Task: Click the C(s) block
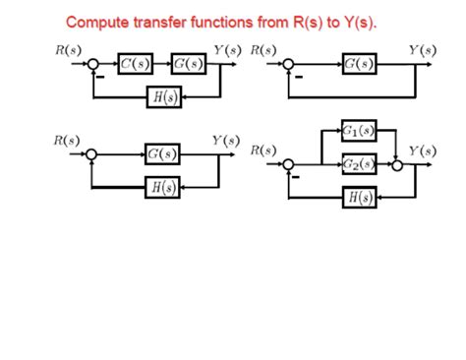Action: (134, 65)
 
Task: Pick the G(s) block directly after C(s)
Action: (187, 65)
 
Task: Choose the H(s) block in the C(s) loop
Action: (160, 95)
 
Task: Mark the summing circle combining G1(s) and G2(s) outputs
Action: (397, 164)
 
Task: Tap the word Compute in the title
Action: (101, 21)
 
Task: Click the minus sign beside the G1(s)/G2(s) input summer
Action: (285, 177)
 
